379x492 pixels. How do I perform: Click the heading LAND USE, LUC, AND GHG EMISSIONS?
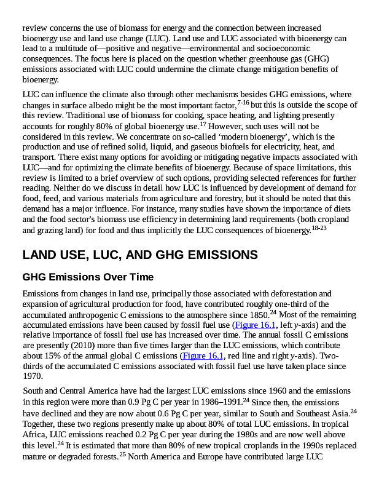(x=140, y=255)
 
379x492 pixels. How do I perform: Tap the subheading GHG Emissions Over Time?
(x=88, y=277)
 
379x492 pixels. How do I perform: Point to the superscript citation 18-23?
(x=319, y=228)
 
